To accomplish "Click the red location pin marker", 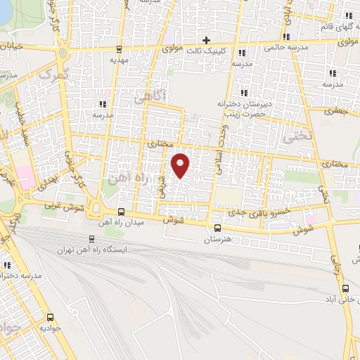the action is (x=181, y=165).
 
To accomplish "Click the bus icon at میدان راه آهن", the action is (x=121, y=212).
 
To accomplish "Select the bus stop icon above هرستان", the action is (x=217, y=228).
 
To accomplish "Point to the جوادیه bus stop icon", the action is (x=50, y=316).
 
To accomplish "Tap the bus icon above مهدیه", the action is (x=120, y=49).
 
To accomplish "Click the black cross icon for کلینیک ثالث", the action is (x=206, y=39).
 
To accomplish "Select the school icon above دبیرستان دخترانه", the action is (x=243, y=92).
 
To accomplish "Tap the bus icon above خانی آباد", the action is (x=345, y=288).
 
